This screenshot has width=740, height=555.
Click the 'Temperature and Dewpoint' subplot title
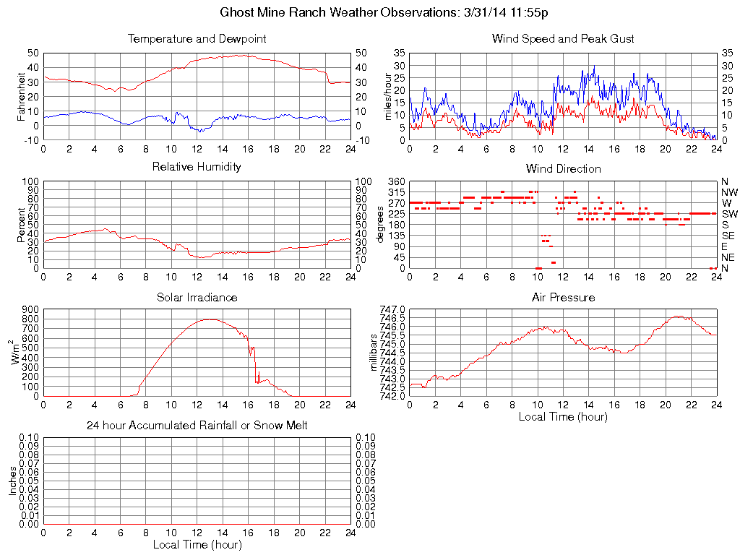pos(197,38)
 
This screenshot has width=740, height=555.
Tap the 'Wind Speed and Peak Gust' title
pos(563,38)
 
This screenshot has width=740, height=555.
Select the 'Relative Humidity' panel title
pos(197,167)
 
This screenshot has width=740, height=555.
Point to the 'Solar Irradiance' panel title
pos(197,297)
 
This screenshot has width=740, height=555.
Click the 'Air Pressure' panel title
pos(563,297)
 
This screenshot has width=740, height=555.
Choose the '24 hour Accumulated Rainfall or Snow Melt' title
pos(197,426)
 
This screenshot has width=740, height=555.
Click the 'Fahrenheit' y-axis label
pos(22,96)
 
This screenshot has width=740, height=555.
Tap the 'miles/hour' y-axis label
pos(387,96)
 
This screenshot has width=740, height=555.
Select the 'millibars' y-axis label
pos(374,353)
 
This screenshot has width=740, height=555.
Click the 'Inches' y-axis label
pos(12,481)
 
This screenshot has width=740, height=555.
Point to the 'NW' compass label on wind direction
pos(729,192)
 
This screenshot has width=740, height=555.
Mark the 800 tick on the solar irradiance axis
pos(30,309)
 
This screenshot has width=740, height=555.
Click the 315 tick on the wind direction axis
pos(396,192)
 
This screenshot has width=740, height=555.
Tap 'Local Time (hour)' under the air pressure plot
pos(563,416)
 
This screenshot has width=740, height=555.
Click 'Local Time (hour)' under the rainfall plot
pos(197,544)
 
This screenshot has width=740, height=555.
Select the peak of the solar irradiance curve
pos(210,319)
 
